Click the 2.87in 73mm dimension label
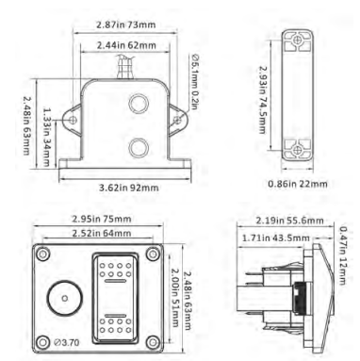123,21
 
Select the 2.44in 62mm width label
123,44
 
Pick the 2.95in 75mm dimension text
94,219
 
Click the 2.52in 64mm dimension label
94,233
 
